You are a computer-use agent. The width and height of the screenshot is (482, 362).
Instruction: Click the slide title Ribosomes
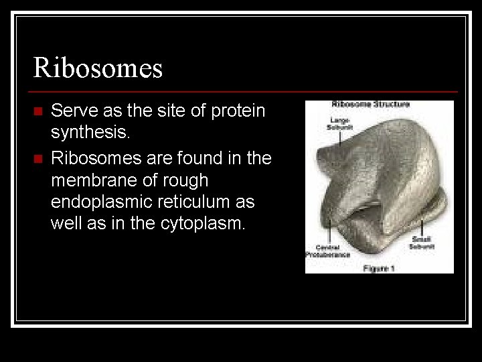click(98, 68)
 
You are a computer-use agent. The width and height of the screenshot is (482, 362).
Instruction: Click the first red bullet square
click(37, 111)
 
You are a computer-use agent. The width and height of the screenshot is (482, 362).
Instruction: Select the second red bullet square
click(37, 159)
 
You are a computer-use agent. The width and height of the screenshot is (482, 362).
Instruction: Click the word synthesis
click(90, 133)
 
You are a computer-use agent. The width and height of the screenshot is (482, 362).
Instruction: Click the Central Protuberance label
click(328, 251)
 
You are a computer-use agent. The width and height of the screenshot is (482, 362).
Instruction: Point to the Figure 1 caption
click(380, 268)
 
